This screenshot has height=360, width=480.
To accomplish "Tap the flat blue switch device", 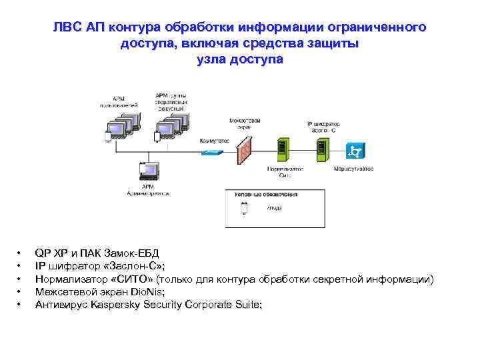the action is coord(212,153).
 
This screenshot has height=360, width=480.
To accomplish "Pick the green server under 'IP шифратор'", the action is coord(321,147).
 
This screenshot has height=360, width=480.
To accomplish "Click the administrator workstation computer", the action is coord(146,173).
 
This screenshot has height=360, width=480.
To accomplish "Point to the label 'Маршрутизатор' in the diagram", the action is coord(354,169).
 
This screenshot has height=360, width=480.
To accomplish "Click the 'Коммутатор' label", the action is coord(214,141).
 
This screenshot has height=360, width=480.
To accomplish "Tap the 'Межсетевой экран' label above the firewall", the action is coord(245,123).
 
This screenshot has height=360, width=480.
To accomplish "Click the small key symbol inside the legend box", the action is coord(244,207).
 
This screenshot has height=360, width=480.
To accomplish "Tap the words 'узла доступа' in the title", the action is coord(240,59).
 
